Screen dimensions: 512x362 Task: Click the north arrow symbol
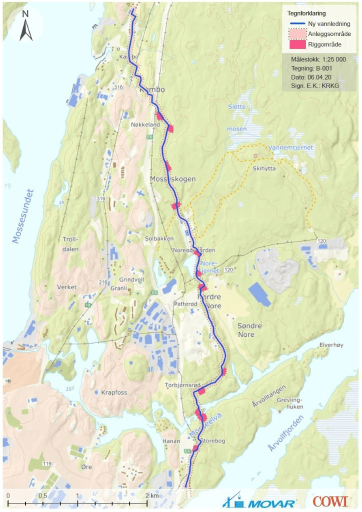coord(26,26)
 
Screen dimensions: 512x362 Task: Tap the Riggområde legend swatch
coord(298,44)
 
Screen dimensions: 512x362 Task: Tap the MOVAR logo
coord(260,501)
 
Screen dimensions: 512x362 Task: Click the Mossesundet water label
coord(23,216)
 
